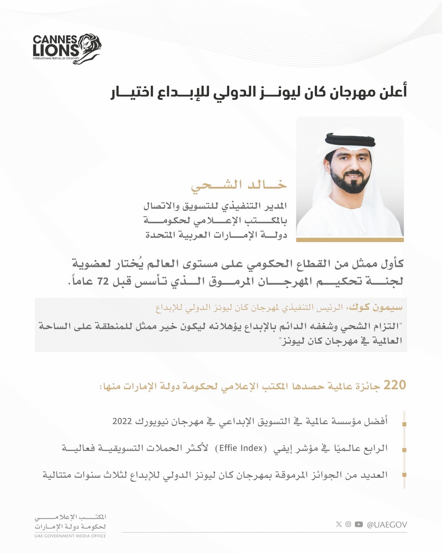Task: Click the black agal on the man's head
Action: (x=350, y=139)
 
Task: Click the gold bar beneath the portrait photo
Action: (x=350, y=239)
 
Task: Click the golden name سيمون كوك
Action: (x=384, y=309)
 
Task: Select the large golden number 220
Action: (x=394, y=385)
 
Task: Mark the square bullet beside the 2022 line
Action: (x=405, y=424)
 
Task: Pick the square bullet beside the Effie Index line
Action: (x=405, y=451)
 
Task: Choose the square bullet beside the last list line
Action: (x=405, y=476)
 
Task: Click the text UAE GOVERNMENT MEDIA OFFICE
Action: (x=67, y=536)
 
